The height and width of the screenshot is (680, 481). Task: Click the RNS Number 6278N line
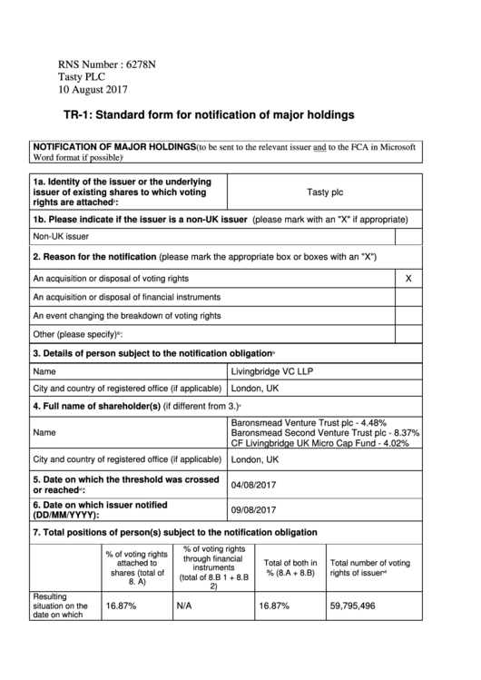tap(107, 64)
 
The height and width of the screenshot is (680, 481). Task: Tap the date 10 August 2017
tap(93, 90)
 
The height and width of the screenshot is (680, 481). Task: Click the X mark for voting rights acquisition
tap(407, 278)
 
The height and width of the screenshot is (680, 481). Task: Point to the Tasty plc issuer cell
tap(325, 192)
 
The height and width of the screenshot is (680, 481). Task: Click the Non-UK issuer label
tap(61, 237)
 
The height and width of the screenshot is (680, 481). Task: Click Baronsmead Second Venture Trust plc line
tap(325, 433)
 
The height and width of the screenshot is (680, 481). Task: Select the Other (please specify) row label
tap(78, 335)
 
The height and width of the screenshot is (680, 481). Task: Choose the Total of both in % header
tap(290, 567)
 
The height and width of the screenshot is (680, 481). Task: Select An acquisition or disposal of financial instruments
tap(126, 297)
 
